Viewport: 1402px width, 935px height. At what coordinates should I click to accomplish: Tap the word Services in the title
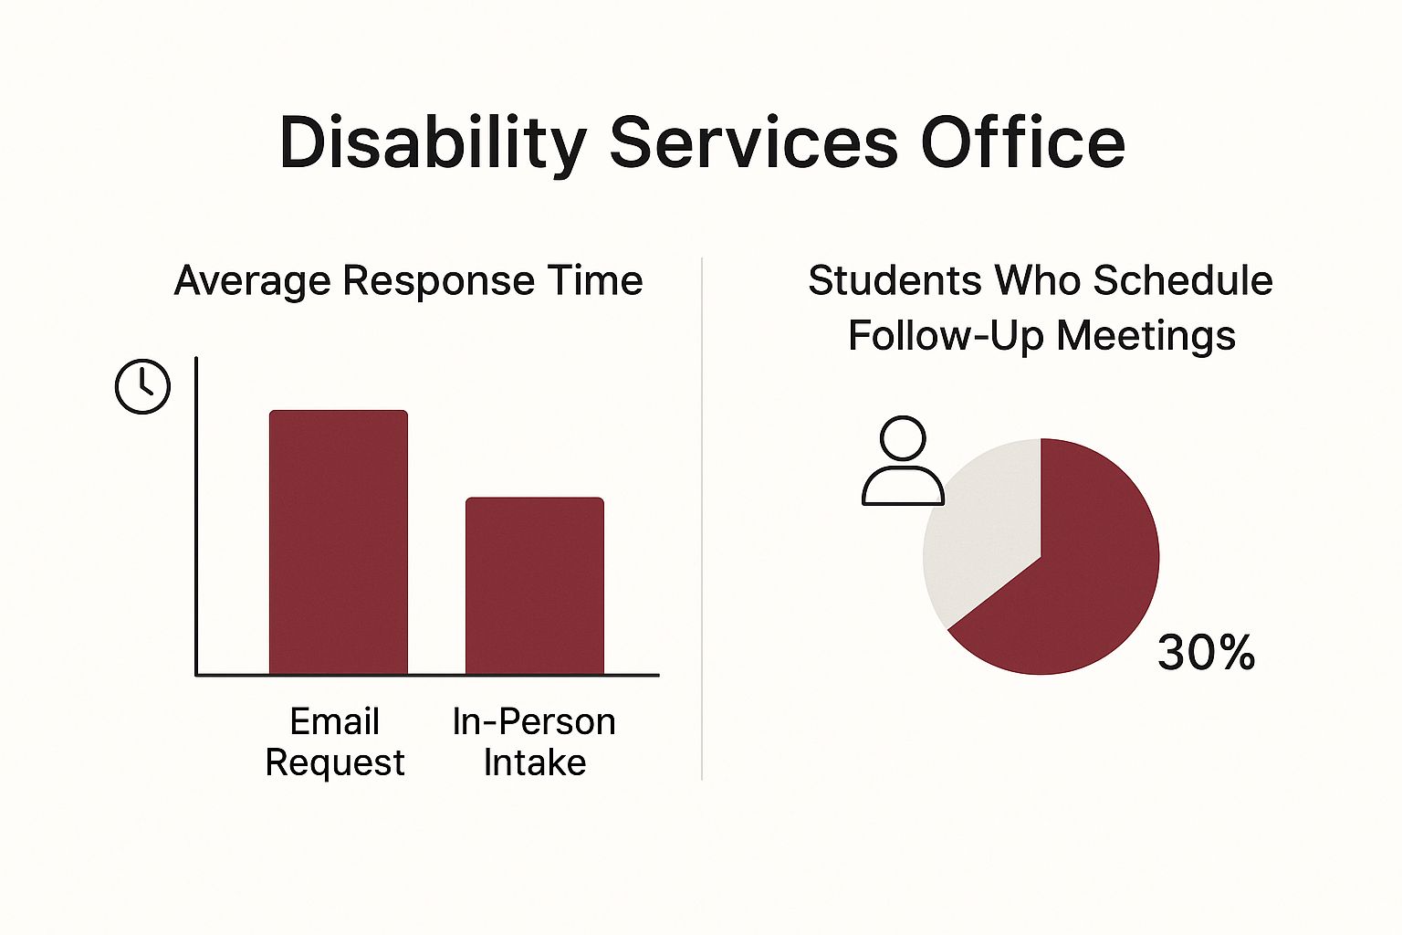pyautogui.click(x=753, y=142)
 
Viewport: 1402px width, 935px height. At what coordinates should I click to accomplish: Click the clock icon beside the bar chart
pyautogui.click(x=142, y=386)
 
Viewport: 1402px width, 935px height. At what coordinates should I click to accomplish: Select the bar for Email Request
pyautogui.click(x=339, y=542)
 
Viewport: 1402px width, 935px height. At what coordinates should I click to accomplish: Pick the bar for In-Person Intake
pyautogui.click(x=535, y=586)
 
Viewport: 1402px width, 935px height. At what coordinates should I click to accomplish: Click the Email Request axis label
pyautogui.click(x=335, y=742)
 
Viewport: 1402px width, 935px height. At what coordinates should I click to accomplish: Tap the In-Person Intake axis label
pyautogui.click(x=534, y=742)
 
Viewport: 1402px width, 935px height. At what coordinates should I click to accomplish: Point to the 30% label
pyautogui.click(x=1206, y=653)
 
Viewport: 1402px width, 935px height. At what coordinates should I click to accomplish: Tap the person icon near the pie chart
pyautogui.click(x=903, y=460)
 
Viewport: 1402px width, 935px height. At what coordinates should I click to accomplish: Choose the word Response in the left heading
pyautogui.click(x=439, y=281)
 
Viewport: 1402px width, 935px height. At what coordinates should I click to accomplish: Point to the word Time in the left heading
pyautogui.click(x=594, y=280)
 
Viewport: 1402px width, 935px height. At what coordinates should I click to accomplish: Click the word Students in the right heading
pyautogui.click(x=895, y=280)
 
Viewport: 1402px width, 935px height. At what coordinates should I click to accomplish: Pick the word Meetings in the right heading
pyautogui.click(x=1146, y=336)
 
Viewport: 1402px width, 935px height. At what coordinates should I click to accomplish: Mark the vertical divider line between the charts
pyautogui.click(x=702, y=519)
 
